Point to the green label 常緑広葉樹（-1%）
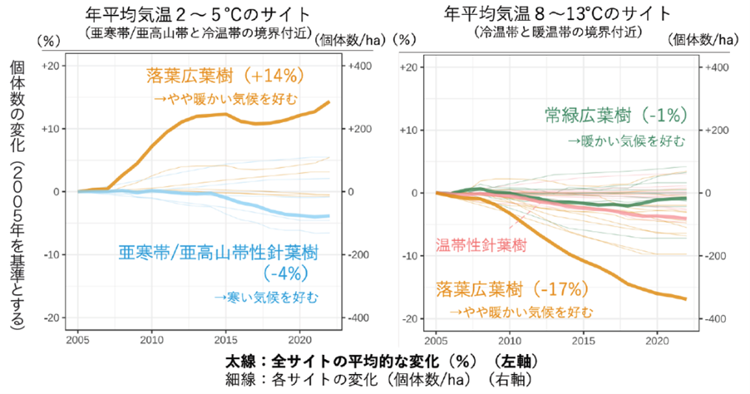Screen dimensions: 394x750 (616, 115)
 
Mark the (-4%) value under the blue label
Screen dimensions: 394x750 (283, 273)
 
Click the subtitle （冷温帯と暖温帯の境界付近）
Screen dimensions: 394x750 (558, 32)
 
